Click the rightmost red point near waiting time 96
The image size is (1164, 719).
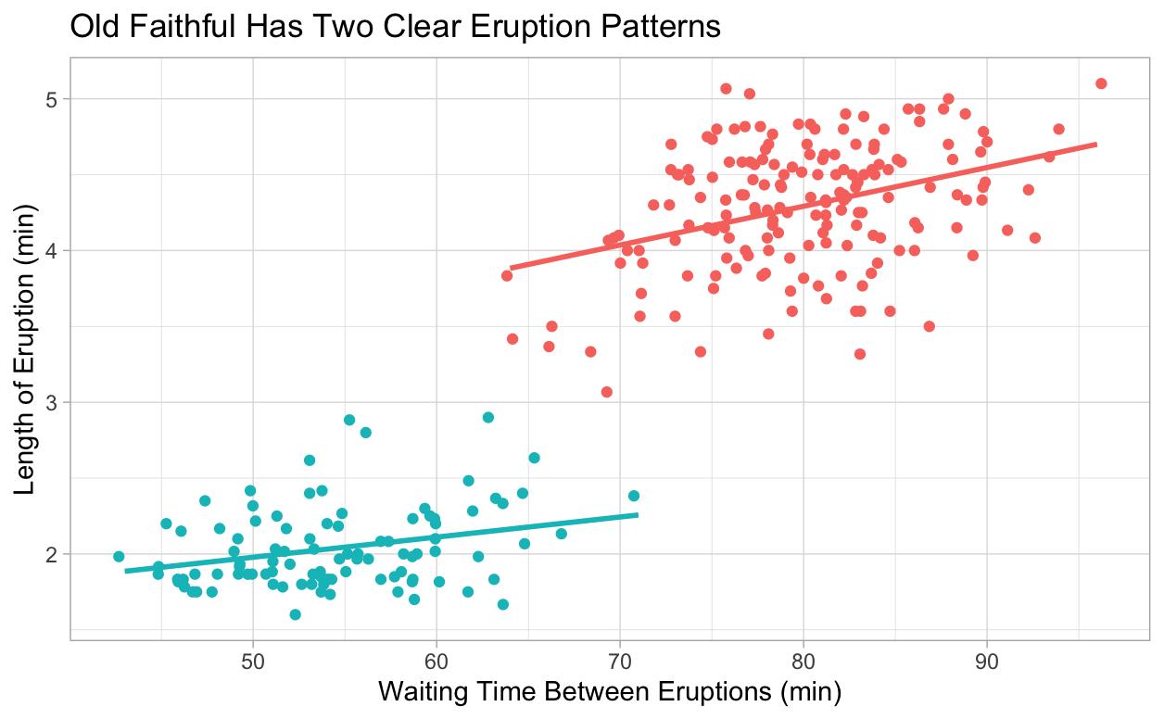tap(1101, 83)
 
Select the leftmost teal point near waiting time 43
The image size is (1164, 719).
tap(119, 556)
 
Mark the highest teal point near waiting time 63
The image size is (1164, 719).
tap(488, 417)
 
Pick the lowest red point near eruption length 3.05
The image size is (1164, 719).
tap(607, 392)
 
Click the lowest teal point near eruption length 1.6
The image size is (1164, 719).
tap(295, 614)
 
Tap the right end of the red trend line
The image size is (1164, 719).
tap(1096, 144)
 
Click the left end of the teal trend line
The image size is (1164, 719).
tap(127, 572)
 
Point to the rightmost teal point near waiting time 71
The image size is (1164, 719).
tap(634, 496)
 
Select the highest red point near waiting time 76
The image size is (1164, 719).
tap(726, 89)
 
